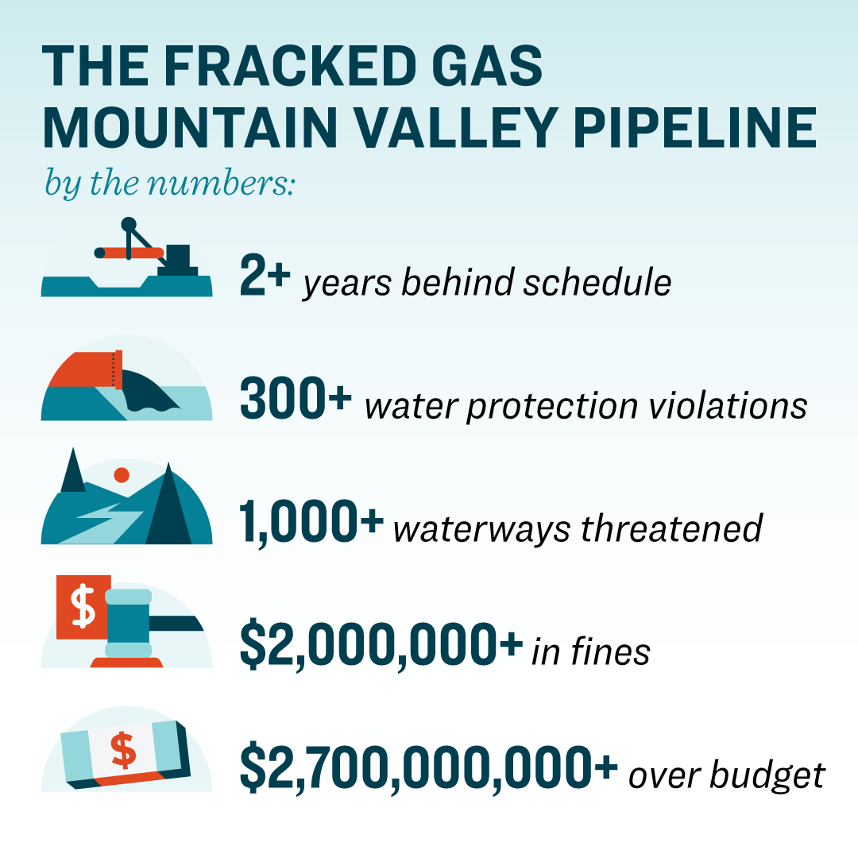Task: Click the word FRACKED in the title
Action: pyautogui.click(x=291, y=66)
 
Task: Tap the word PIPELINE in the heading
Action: pyautogui.click(x=695, y=128)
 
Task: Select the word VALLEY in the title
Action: pyautogui.click(x=456, y=128)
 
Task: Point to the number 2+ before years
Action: pyautogui.click(x=265, y=275)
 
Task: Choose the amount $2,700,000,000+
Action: pyautogui.click(x=429, y=768)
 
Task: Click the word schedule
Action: pyautogui.click(x=597, y=282)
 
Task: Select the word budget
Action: pyautogui.click(x=767, y=776)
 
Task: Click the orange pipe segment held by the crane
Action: pyautogui.click(x=129, y=253)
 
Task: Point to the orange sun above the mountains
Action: pyautogui.click(x=122, y=475)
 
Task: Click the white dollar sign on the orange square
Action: pyautogui.click(x=83, y=606)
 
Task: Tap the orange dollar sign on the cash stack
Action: pyautogui.click(x=123, y=750)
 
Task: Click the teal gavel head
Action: pyautogui.click(x=129, y=624)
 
